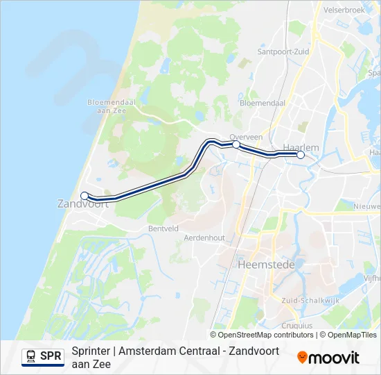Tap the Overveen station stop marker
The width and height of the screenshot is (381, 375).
pos(236,144)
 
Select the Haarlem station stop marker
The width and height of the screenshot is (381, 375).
pos(301,155)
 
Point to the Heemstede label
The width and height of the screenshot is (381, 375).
pos(266,265)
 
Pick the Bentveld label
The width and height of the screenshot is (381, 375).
pos(163,228)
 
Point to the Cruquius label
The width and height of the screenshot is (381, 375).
pos(297,325)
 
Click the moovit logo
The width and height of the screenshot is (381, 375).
pos(328,358)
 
